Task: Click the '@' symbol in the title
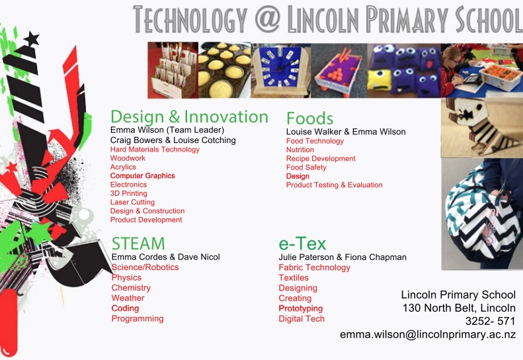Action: (268, 19)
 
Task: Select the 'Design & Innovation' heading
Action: (189, 116)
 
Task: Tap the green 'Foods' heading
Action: (309, 118)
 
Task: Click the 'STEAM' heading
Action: (138, 243)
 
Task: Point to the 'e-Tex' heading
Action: (302, 244)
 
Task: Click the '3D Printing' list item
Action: (129, 193)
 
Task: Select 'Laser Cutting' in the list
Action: (132, 202)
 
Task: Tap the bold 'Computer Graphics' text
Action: (142, 175)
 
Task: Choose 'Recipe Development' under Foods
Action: (321, 159)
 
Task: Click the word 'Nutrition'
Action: (300, 150)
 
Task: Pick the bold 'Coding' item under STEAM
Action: (125, 308)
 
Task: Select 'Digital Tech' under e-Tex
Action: (302, 318)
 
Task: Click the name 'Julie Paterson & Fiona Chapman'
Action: (342, 257)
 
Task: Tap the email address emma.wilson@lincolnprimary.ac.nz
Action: (428, 335)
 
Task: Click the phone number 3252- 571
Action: (491, 321)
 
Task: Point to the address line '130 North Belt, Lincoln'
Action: (459, 308)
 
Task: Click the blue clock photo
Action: (280, 71)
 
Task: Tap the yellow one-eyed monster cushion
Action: (380, 80)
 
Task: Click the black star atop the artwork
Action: (32, 39)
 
